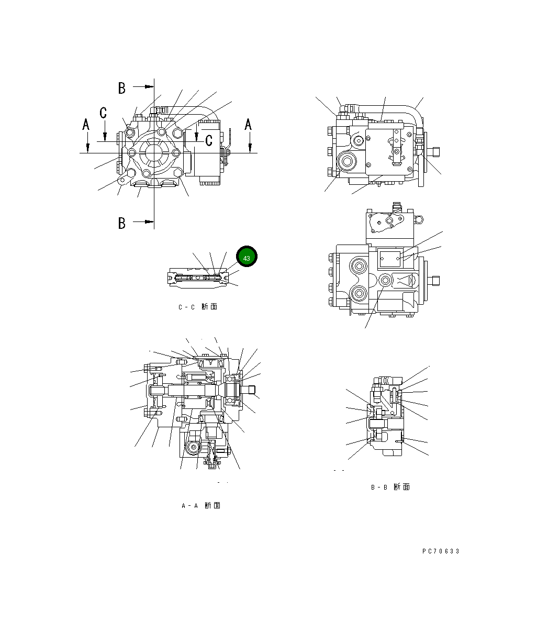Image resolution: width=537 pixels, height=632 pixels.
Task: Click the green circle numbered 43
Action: tap(247, 258)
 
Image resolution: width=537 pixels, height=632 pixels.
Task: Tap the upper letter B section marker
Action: tap(122, 88)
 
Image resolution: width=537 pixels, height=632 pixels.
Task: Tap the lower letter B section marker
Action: tap(122, 223)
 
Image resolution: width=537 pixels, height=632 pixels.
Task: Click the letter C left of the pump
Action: tap(104, 112)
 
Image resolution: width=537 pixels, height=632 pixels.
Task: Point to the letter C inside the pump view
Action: tap(208, 140)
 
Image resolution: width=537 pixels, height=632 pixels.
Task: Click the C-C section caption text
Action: tap(197, 307)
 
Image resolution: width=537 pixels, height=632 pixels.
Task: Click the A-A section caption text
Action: tap(200, 506)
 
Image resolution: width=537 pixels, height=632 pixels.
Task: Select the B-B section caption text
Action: tap(390, 487)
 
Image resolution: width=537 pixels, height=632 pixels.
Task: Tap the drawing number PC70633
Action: tap(441, 551)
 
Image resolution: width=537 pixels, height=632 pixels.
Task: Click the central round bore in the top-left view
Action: tap(154, 153)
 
